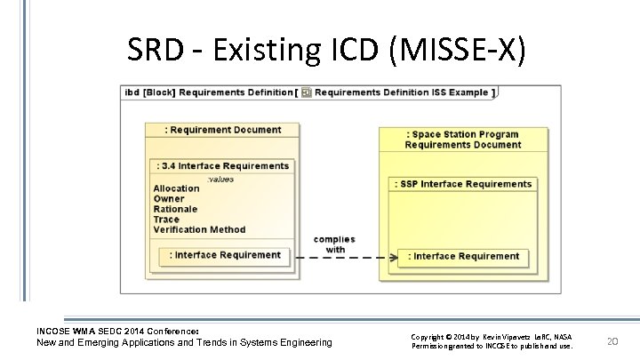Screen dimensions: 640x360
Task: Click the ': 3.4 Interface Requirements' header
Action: (x=222, y=165)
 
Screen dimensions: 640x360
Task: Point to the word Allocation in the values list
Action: (x=176, y=188)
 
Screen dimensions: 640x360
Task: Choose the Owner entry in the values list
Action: (x=169, y=198)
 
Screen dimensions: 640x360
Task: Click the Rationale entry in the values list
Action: (x=174, y=209)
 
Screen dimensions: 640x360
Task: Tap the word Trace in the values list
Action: (x=166, y=220)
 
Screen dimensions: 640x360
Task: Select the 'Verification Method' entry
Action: (x=199, y=229)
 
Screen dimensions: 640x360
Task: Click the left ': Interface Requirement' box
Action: (x=227, y=255)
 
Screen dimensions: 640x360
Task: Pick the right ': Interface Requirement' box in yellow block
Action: (x=463, y=256)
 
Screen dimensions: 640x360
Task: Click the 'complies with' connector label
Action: (x=335, y=244)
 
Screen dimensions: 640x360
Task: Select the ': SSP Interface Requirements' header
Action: (x=462, y=184)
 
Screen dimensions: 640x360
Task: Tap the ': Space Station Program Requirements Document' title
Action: (x=463, y=140)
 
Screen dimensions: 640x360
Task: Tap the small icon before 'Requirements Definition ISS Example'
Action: (x=306, y=92)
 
